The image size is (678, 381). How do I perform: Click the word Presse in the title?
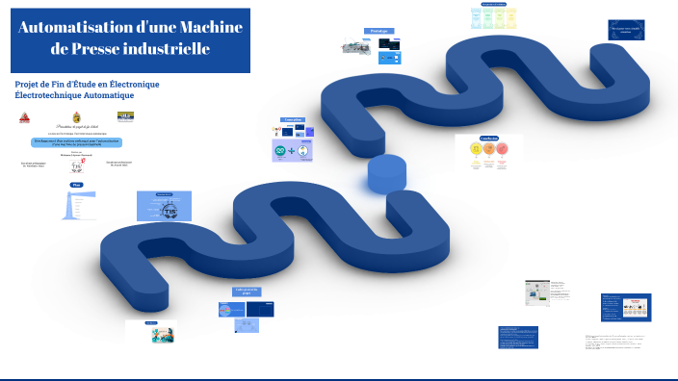click(x=124, y=48)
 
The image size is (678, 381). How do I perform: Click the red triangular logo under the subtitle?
click(x=25, y=118)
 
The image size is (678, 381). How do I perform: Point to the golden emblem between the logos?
click(x=77, y=117)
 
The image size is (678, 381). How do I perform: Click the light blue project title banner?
click(x=76, y=141)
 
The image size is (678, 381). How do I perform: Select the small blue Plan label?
click(x=77, y=184)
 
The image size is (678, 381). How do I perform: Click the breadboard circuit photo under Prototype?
click(x=352, y=46)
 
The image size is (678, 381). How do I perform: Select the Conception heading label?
click(x=293, y=120)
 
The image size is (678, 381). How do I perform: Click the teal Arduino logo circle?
click(x=281, y=151)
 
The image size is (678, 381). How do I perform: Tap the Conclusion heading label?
click(x=488, y=138)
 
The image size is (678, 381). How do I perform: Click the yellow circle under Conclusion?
click(x=475, y=150)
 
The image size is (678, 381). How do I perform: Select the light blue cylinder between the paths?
click(x=387, y=175)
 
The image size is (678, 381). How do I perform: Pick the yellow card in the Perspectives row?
click(x=512, y=18)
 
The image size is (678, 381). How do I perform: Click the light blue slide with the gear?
click(x=164, y=205)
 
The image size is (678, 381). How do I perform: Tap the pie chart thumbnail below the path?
click(x=231, y=309)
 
